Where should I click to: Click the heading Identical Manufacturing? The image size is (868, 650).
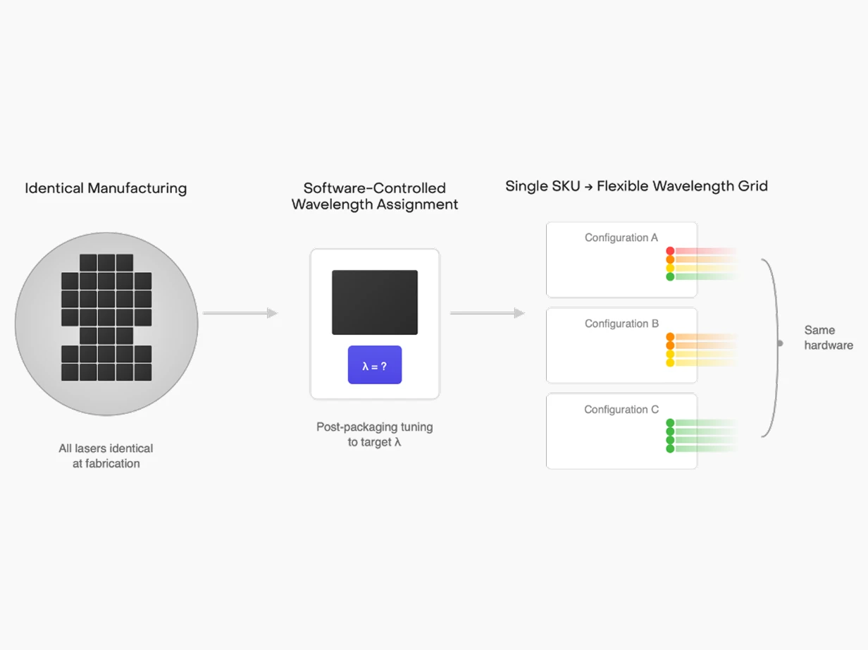(x=106, y=188)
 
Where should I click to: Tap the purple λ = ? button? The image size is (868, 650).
(x=375, y=365)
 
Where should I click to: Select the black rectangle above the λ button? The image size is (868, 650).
(x=375, y=302)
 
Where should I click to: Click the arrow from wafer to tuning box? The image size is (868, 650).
(x=240, y=313)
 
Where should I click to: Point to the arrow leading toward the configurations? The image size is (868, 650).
(x=487, y=313)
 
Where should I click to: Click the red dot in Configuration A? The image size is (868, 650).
(x=670, y=251)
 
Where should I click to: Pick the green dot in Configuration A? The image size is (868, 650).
(x=670, y=276)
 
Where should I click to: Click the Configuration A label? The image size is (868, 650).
(x=621, y=238)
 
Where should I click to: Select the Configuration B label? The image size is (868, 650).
(x=621, y=324)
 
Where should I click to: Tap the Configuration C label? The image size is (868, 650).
(x=621, y=410)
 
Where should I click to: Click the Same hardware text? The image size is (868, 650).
(x=828, y=338)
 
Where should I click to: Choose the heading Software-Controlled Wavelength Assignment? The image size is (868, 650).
(x=375, y=196)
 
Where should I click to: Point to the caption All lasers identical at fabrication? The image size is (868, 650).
(x=106, y=455)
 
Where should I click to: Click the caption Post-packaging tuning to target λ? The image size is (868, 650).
(x=375, y=434)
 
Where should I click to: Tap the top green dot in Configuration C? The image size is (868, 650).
(x=670, y=423)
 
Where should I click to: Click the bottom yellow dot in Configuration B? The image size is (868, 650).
(x=670, y=362)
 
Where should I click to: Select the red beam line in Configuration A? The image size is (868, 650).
(x=705, y=251)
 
